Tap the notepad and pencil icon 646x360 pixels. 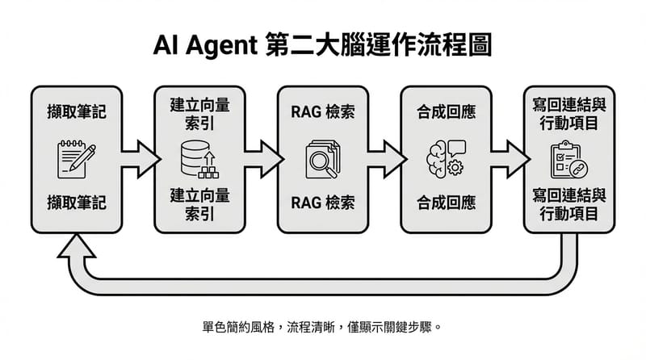pyautogui.click(x=76, y=158)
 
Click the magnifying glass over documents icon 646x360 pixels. pyautogui.click(x=322, y=158)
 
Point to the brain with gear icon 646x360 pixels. pyautogui.click(x=445, y=158)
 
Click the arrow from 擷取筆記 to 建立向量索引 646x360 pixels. pyautogui.click(x=138, y=151)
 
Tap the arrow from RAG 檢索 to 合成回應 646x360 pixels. pyautogui.click(x=384, y=151)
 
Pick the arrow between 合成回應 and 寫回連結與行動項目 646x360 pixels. pyautogui.click(x=507, y=151)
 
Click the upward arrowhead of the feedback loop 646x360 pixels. pyautogui.click(x=77, y=245)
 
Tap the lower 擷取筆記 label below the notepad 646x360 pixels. pyautogui.click(x=76, y=202)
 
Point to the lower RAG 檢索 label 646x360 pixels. pyautogui.click(x=322, y=202)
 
